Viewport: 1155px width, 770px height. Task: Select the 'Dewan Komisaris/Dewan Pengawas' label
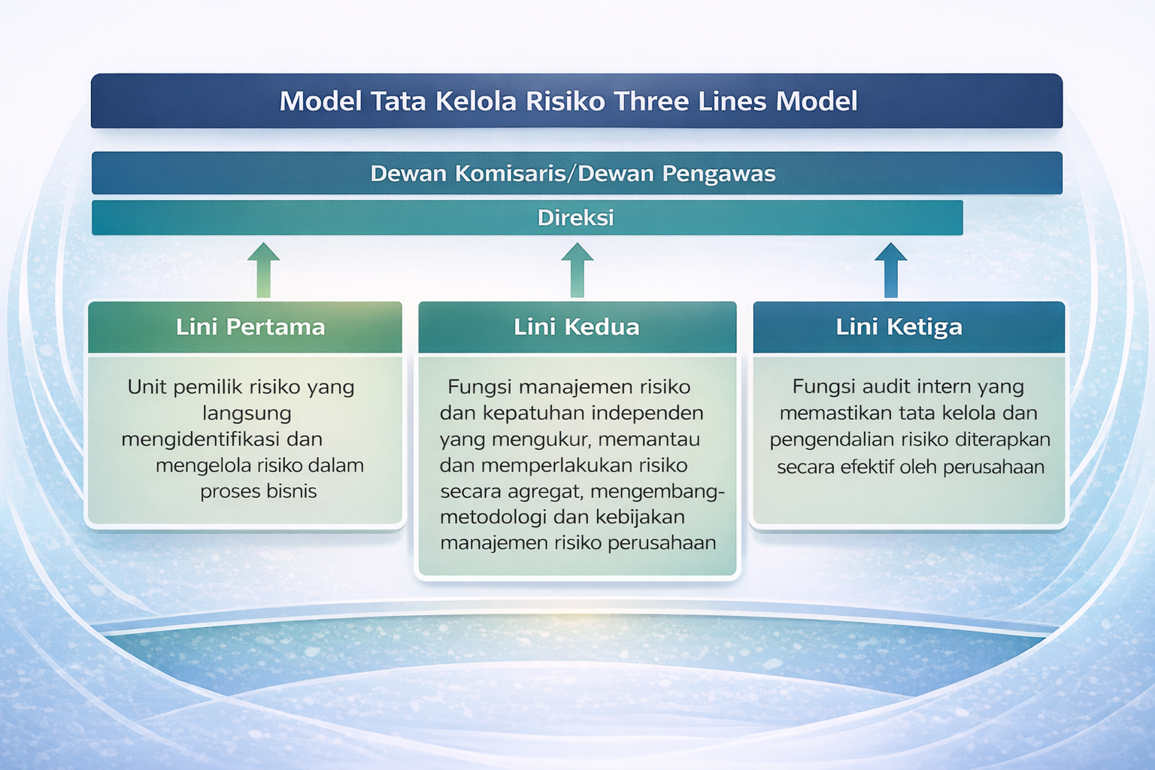tap(572, 174)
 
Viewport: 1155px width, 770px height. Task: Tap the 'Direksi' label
tap(575, 218)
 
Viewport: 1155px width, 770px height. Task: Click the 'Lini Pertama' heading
tap(250, 327)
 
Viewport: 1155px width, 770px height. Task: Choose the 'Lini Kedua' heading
tap(576, 327)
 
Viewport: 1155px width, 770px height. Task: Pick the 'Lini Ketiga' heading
tap(899, 327)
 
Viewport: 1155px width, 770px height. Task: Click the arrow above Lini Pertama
tap(263, 271)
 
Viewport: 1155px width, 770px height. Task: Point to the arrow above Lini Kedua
tap(577, 271)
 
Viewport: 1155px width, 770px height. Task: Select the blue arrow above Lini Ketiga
tap(890, 271)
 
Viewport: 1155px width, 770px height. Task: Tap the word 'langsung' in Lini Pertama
tap(247, 413)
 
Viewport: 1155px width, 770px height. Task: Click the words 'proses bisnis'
tap(258, 492)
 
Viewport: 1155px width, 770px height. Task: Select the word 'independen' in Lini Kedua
tap(647, 413)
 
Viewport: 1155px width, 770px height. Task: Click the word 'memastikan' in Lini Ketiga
tap(829, 413)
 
